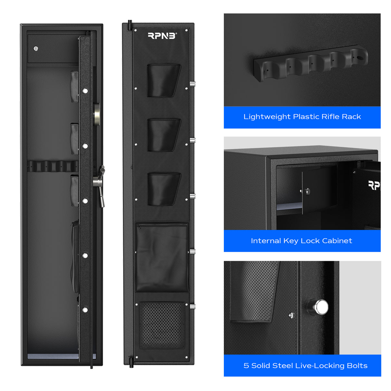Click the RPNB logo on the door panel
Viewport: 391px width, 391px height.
162,36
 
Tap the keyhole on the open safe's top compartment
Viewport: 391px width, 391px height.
36,49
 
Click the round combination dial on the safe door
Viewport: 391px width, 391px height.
97,114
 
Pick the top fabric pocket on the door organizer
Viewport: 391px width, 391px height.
163,80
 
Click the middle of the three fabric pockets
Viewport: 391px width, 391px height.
164,135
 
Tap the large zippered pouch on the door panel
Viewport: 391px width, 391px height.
162,257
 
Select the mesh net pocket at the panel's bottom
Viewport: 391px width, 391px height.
162,326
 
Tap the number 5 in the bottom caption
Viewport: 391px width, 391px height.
246,366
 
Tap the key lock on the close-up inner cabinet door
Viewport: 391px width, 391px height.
307,191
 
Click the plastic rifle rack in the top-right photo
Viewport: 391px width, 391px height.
311,63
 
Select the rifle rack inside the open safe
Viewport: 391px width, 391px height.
52,166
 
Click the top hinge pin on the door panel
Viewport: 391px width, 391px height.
130,25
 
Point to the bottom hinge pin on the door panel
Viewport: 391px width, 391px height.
131,362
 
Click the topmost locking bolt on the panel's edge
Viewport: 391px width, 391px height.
193,84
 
